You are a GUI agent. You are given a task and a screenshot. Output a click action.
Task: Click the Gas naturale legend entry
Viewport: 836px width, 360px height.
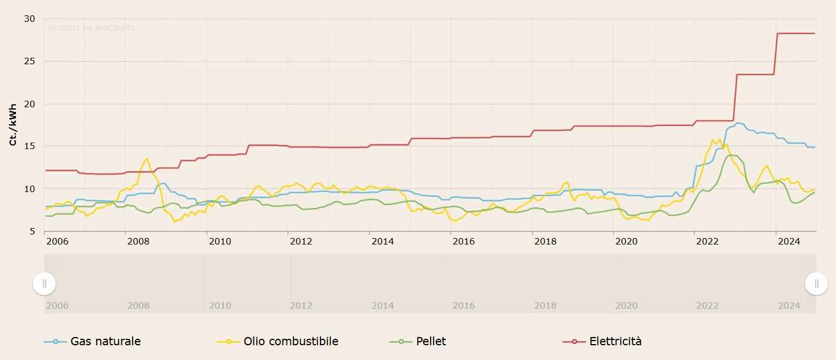pyautogui.click(x=105, y=341)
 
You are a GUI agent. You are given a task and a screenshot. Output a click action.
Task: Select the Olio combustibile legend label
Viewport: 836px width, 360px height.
pyautogui.click(x=290, y=341)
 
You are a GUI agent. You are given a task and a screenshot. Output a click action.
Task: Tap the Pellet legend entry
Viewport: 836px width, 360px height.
pyautogui.click(x=431, y=341)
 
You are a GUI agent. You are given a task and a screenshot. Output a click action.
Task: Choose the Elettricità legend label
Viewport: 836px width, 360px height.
pyautogui.click(x=614, y=341)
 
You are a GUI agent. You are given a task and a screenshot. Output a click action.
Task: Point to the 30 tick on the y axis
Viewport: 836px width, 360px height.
pyautogui.click(x=29, y=19)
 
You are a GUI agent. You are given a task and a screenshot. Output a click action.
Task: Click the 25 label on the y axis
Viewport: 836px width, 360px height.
pyautogui.click(x=29, y=61)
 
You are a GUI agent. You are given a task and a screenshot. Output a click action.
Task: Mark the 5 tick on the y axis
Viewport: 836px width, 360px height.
pyautogui.click(x=32, y=232)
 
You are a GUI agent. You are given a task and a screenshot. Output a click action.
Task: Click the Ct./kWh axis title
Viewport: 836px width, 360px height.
pyautogui.click(x=12, y=125)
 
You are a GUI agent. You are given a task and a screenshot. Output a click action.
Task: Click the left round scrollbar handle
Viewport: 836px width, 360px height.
pyautogui.click(x=44, y=283)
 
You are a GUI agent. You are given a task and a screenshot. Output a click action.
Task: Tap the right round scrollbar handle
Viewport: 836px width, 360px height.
pyautogui.click(x=817, y=283)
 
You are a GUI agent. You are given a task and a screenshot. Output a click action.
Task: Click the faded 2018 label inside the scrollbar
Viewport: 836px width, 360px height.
pyautogui.click(x=545, y=306)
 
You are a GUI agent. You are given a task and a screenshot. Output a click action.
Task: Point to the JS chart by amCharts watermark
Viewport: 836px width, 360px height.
pyautogui.click(x=91, y=28)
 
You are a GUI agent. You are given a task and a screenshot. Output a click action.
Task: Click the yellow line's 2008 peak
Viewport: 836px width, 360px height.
pyautogui.click(x=147, y=158)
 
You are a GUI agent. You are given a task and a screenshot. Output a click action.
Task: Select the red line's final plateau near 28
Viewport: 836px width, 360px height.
pyautogui.click(x=795, y=34)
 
